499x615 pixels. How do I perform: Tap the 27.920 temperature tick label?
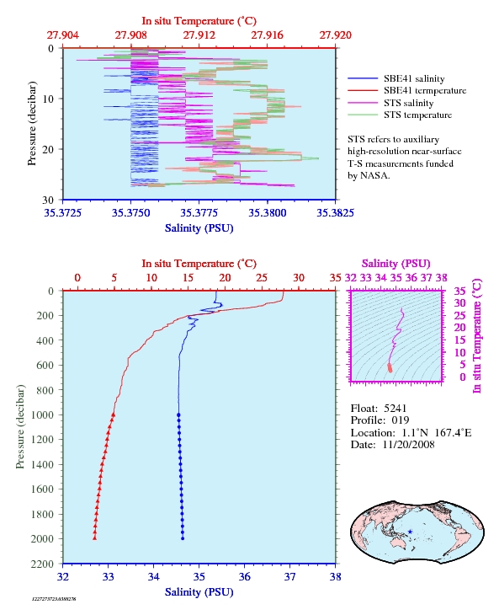click(335, 35)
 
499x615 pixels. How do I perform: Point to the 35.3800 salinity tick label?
click(267, 213)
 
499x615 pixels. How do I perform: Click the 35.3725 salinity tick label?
click(62, 213)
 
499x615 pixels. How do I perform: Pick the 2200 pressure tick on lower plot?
click(43, 564)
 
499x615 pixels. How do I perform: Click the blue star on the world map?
click(410, 532)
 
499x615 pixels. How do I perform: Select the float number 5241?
click(395, 409)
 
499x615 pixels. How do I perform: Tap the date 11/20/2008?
click(408, 444)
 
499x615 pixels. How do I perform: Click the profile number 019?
click(401, 420)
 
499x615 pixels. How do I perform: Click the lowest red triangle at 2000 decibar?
click(94, 538)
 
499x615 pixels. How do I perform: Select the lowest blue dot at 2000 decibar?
click(183, 538)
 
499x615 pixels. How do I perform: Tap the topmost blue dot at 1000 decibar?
click(178, 414)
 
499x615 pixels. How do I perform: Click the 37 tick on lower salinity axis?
click(289, 577)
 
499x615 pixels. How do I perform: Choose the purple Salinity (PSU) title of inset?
click(396, 264)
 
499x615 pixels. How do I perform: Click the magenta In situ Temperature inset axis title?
click(476, 336)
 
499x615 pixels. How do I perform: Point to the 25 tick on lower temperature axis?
click(262, 278)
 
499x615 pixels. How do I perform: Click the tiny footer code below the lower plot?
click(54, 599)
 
